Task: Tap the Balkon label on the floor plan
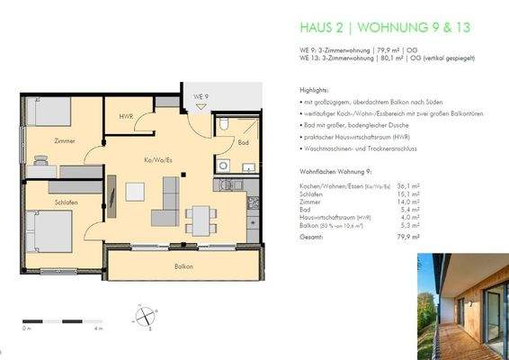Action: pos(183,267)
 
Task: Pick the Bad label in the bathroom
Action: pos(243,142)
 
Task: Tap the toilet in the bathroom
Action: pos(230,125)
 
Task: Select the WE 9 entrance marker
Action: pos(201,96)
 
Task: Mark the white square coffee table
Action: pos(136,192)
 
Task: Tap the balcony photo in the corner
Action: pos(462,305)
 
